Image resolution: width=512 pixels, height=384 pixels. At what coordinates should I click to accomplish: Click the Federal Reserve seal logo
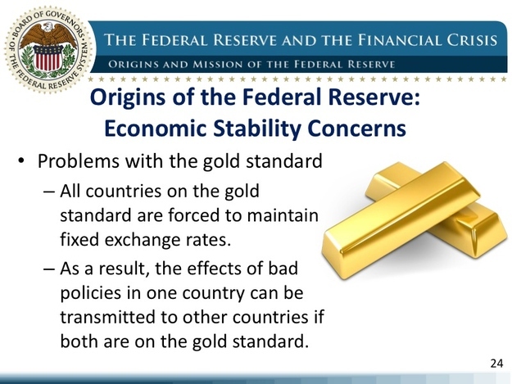(x=48, y=49)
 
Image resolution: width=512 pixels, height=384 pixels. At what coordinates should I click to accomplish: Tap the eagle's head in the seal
(x=48, y=27)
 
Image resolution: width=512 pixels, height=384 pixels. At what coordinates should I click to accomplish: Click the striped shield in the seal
(x=48, y=57)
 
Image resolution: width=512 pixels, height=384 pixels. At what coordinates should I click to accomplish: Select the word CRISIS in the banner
(x=472, y=40)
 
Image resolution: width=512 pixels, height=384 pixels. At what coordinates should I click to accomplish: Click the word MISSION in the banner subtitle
(x=217, y=64)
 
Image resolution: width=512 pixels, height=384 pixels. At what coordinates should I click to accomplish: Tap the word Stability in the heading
(x=256, y=129)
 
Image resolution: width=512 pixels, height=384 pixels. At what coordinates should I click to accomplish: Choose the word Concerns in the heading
(x=357, y=128)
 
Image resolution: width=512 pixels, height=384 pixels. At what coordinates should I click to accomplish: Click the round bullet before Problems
(x=22, y=160)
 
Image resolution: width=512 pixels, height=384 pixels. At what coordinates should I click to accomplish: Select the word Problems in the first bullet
(x=79, y=160)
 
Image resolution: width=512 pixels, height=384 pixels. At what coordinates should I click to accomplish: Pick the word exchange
(x=143, y=241)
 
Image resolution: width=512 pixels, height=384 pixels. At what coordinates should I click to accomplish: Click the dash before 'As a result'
(x=48, y=269)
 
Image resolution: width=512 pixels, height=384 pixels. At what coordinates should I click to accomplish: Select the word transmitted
(x=108, y=317)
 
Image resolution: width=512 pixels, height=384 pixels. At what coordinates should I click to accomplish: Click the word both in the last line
(x=79, y=341)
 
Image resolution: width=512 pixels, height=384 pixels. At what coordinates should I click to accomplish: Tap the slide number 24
(x=496, y=363)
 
